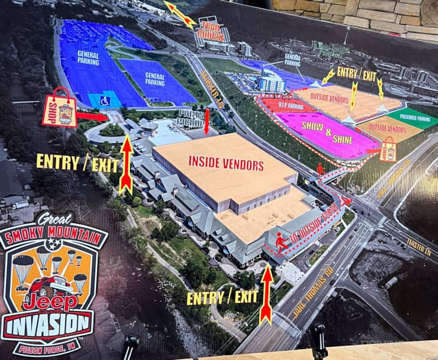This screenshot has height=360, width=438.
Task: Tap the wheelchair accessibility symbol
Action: [x=105, y=101]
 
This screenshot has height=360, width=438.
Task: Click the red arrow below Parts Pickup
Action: [x=206, y=121]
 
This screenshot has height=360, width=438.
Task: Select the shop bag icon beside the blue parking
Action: [x=60, y=108]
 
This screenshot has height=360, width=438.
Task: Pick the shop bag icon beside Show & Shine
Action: [x=388, y=148]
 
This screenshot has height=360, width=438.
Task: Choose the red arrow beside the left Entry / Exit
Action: [x=126, y=164]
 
